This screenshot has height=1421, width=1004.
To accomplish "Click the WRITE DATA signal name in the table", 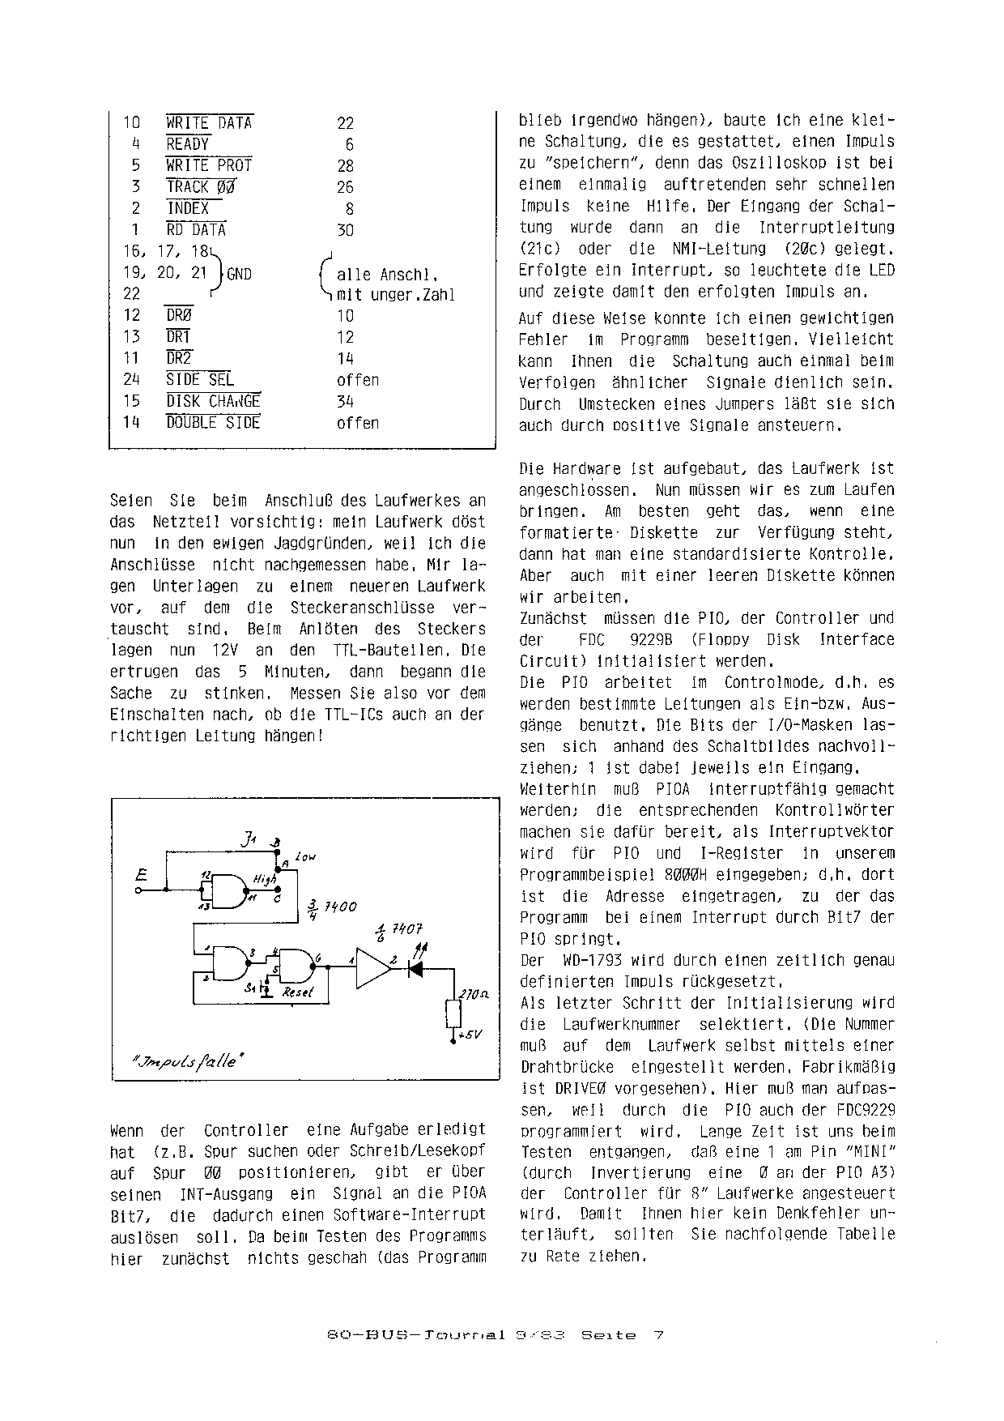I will click(x=209, y=123).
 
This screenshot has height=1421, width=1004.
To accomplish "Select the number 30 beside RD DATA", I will click(x=346, y=230).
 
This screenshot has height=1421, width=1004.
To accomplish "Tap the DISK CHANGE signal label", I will click(x=213, y=401).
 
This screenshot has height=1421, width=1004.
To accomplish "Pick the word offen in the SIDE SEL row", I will click(x=358, y=380).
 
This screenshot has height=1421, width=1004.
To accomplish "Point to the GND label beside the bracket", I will click(x=240, y=274).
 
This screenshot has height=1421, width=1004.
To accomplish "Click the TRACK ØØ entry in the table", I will click(x=201, y=187).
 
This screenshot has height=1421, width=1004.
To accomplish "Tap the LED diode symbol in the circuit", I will click(x=416, y=968).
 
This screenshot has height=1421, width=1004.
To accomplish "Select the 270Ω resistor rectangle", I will click(x=453, y=1013).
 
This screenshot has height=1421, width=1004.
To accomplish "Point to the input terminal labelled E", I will click(x=142, y=875).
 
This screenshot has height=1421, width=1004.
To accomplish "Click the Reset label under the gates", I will click(x=297, y=992).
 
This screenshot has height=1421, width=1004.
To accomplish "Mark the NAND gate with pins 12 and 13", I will click(x=229, y=890).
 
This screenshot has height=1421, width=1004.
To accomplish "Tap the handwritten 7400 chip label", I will click(x=340, y=907).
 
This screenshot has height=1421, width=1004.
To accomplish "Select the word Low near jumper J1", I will click(x=305, y=856).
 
